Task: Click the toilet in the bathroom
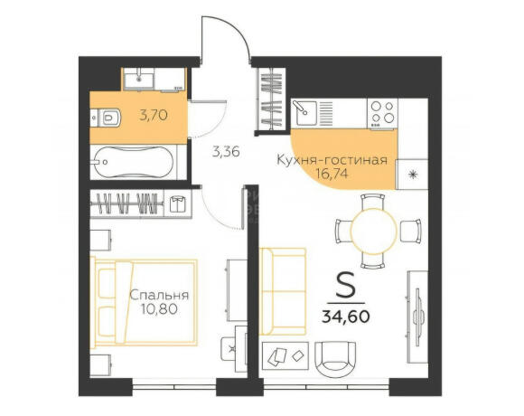[106, 118]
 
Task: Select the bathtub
[134, 162]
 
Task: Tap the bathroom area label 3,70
[154, 116]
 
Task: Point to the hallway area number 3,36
[226, 153]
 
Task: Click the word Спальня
[159, 296]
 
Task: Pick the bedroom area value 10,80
[159, 309]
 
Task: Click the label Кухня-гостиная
[332, 160]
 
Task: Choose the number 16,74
[332, 174]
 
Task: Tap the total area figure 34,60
[345, 317]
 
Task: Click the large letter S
[345, 285]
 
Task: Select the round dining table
[374, 232]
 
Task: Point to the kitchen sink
[304, 113]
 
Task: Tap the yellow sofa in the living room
[283, 291]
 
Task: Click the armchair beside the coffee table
[335, 359]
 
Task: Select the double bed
[144, 303]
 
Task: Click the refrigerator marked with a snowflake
[412, 175]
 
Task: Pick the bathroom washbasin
[138, 80]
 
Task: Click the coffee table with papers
[285, 355]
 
